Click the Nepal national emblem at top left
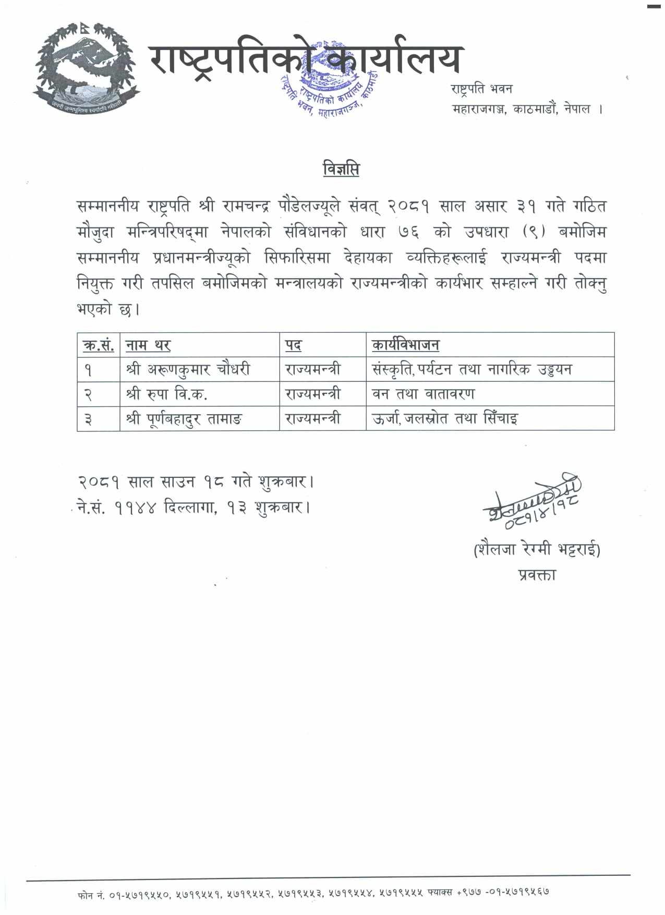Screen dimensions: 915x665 86,66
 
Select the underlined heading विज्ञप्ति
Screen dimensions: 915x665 341,170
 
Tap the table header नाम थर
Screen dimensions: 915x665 148,345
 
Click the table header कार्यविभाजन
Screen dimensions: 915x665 405,345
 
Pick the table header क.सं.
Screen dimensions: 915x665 98,345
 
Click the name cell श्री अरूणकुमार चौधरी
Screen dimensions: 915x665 188,369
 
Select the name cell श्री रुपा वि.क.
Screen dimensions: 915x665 167,394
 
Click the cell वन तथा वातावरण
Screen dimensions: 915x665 423,394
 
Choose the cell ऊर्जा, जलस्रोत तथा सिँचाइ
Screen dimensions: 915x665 444,418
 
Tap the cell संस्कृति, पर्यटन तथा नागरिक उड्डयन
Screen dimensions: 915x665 471,369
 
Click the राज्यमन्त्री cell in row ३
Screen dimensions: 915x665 313,418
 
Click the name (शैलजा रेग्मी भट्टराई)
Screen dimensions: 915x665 537,549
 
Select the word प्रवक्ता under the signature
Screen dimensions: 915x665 537,575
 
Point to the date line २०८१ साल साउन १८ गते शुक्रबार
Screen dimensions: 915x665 196,481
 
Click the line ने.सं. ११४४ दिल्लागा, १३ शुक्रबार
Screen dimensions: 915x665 194,507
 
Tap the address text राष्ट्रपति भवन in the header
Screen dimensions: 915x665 481,89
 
